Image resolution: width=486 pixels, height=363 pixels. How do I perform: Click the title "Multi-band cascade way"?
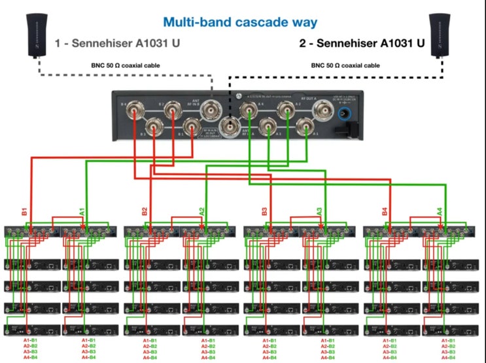coord(240,22)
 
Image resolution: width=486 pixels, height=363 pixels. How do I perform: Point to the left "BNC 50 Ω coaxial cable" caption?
coord(126,66)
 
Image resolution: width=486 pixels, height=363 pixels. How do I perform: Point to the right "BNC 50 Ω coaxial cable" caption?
coord(347,66)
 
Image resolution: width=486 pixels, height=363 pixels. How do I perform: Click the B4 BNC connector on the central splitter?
coord(135,108)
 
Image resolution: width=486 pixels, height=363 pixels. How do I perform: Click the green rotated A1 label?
coord(82,212)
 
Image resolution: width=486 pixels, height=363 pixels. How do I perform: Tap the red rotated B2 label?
coord(145,212)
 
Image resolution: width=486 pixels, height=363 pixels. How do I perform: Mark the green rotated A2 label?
coord(201,212)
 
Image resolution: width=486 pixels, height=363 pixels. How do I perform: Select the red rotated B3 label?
coord(264,212)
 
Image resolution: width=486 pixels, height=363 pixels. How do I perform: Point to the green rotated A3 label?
coord(320,212)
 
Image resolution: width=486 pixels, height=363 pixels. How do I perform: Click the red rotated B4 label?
coord(385,212)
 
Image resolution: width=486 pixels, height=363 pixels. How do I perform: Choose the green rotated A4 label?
coord(440,212)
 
